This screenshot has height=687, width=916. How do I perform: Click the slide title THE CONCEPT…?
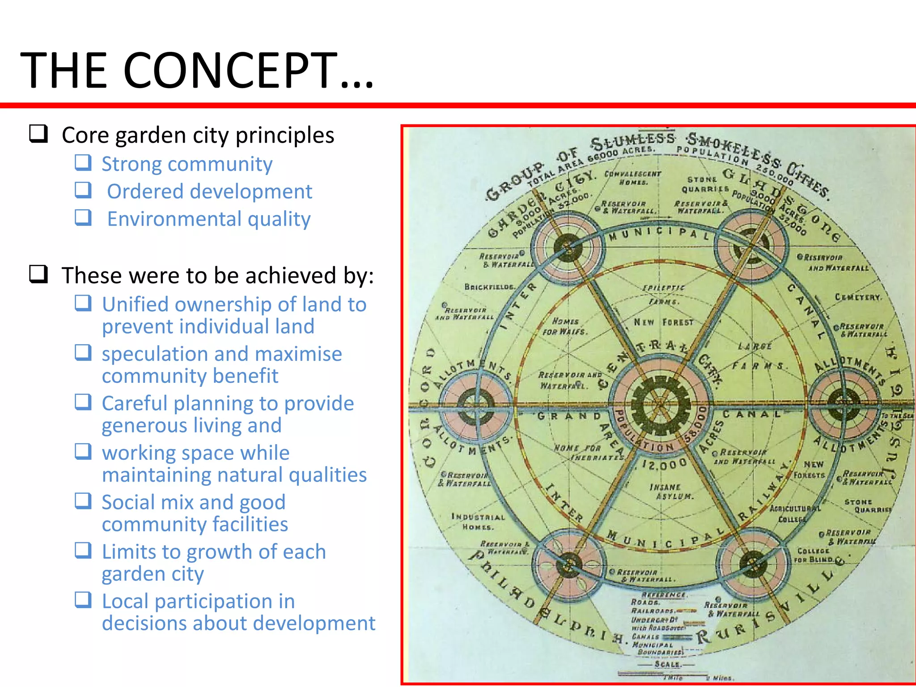(x=197, y=71)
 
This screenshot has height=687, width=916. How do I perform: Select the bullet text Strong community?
(x=187, y=164)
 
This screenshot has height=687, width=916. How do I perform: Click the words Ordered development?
(x=209, y=191)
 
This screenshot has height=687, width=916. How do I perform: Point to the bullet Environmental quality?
(x=208, y=219)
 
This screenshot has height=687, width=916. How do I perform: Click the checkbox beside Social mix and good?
(x=83, y=501)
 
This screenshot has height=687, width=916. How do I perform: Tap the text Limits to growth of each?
(x=214, y=551)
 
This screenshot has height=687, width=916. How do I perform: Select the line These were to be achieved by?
(x=217, y=275)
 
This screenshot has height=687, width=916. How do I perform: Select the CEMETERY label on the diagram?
(x=857, y=297)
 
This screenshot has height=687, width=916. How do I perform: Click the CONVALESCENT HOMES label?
(x=632, y=178)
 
